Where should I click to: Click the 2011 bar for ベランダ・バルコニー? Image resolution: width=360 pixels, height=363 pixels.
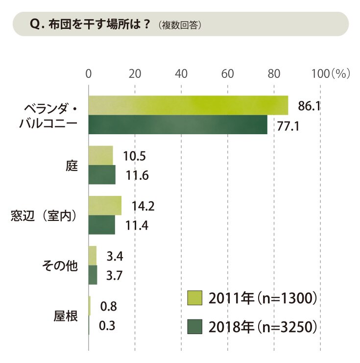coord(188,105)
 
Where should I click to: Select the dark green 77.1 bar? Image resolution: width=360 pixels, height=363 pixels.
coord(178,124)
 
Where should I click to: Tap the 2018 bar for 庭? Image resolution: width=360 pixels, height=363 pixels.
coord(102,175)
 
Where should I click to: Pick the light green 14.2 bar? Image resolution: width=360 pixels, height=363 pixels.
coord(105,206)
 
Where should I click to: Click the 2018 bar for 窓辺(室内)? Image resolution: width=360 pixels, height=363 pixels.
coord(102,225)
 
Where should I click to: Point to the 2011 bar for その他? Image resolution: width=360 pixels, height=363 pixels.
coord(93,256)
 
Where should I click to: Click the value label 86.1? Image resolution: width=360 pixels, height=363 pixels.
coord(309,106)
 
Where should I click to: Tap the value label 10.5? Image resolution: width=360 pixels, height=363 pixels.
coord(135,156)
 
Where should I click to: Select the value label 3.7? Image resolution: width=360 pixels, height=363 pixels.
coord(114,275)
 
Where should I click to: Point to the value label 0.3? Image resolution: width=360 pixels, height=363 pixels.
coord(107,325)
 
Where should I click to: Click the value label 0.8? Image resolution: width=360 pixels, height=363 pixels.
coord(109,306)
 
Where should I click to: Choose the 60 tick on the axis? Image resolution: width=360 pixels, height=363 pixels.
coord(227,74)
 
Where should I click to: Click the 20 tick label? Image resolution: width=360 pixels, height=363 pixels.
coord(135,74)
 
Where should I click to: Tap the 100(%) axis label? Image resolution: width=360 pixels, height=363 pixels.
coord(331,74)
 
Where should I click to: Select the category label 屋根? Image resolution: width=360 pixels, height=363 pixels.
coord(66,316)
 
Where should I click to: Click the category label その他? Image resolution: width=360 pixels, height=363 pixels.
coord(60,266)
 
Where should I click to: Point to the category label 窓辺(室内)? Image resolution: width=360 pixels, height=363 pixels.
coord(44,216)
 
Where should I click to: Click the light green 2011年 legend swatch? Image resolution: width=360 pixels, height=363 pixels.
coord(194,298)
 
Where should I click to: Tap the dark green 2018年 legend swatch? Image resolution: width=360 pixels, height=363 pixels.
coord(194,327)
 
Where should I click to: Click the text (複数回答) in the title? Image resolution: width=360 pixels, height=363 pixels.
coord(180,25)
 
